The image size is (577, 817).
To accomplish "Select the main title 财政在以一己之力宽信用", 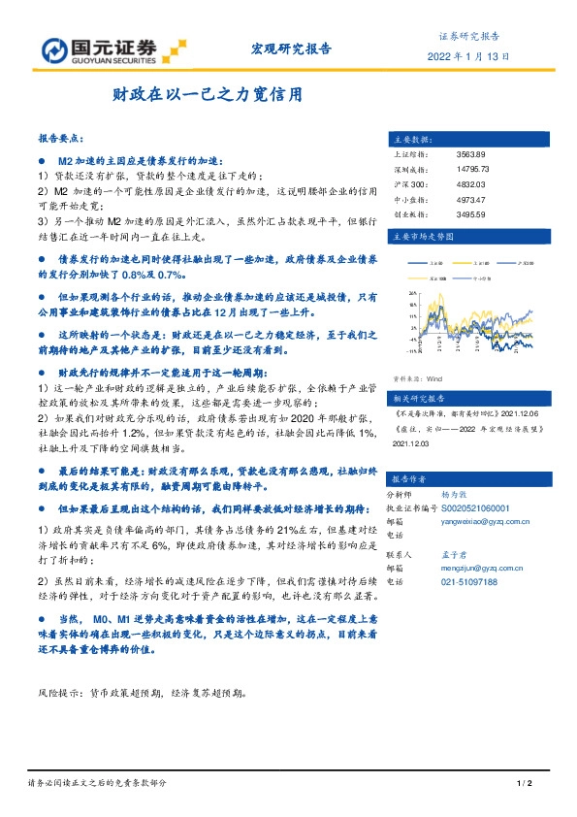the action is point(208,96).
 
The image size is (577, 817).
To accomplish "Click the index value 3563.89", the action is point(469,155).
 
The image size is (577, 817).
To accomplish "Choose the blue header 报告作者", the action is point(409,478).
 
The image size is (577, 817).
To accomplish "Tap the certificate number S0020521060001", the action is point(475,507).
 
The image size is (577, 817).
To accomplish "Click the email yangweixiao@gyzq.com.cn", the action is point(485,521).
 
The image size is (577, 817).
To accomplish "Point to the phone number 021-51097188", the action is point(469,581).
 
